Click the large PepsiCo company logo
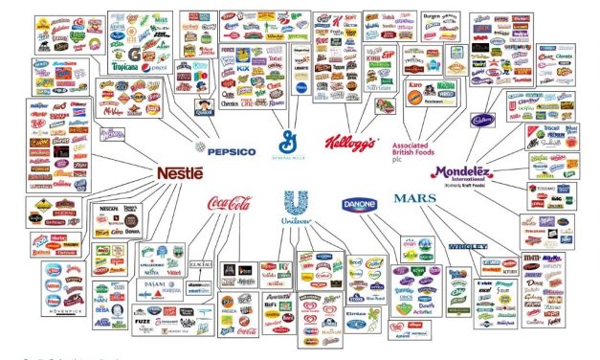226,150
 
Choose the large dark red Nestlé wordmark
179,173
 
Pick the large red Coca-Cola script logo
228,203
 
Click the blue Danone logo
360,204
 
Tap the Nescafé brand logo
109,208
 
